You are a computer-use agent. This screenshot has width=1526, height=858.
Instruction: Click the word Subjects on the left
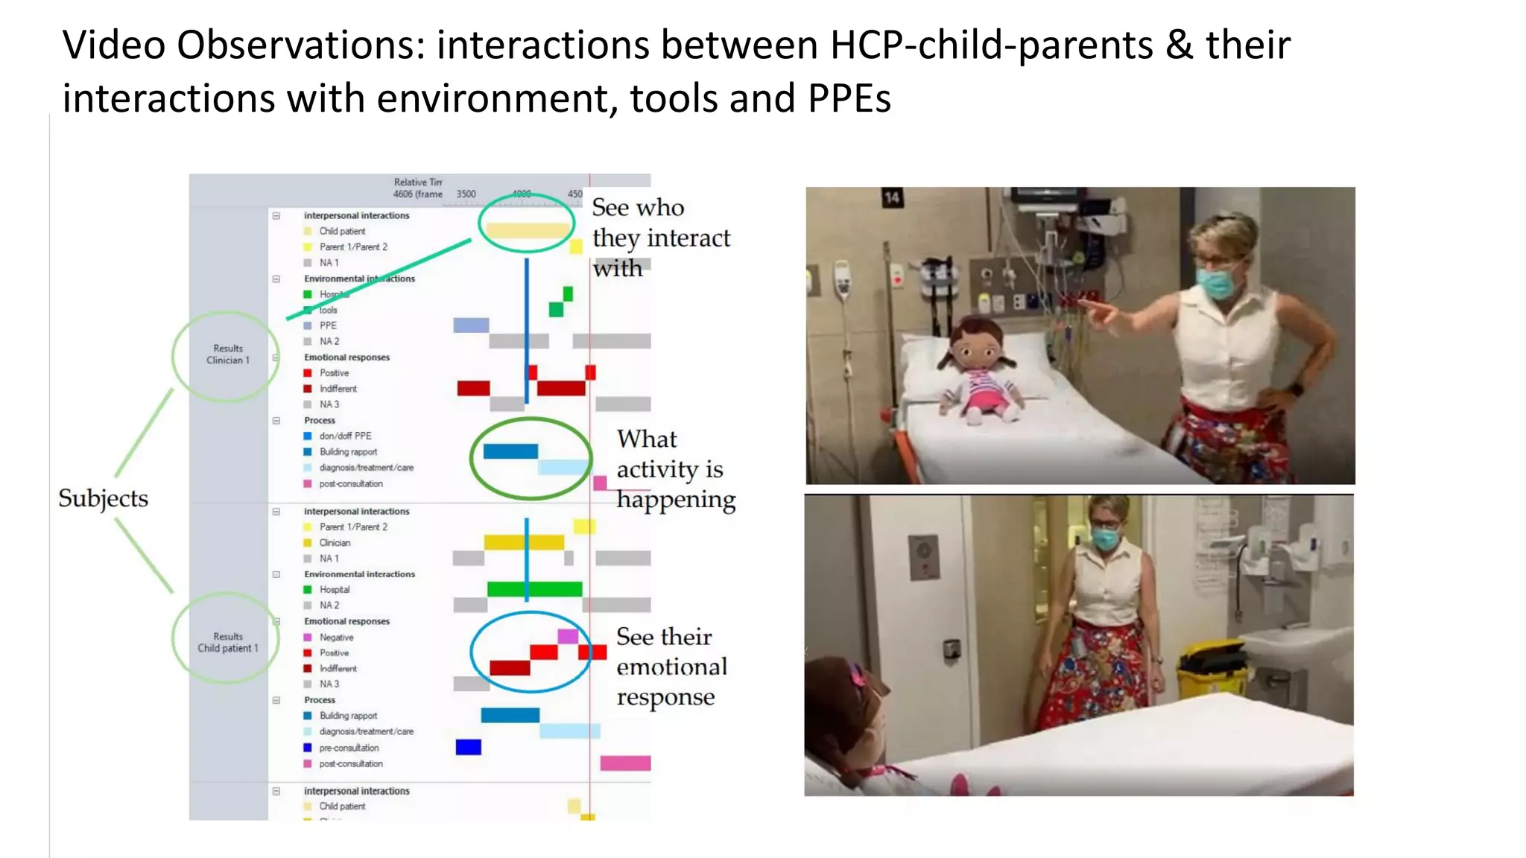[x=103, y=498]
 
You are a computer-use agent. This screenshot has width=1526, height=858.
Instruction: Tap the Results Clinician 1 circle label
[x=227, y=355]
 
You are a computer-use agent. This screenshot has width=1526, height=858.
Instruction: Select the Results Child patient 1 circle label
[x=227, y=642]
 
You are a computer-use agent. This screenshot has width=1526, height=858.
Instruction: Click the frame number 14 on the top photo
[x=892, y=197]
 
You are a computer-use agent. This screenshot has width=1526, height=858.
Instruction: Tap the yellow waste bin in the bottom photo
[x=1211, y=670]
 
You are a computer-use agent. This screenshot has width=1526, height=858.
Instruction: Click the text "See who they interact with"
[x=660, y=238]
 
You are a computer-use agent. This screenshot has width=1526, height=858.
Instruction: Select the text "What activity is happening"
[x=674, y=468]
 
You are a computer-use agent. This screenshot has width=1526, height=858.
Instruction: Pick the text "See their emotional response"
[x=671, y=666]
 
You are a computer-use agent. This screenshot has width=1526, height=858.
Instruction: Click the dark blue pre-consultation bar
[x=468, y=747]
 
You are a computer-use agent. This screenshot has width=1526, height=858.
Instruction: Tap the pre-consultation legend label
[x=349, y=748]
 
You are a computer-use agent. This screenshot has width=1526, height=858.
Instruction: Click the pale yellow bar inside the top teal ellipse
[x=526, y=231]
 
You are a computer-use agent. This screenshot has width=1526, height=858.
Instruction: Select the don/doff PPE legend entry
[x=345, y=436]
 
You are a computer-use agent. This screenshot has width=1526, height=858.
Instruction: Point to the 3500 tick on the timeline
[x=466, y=194]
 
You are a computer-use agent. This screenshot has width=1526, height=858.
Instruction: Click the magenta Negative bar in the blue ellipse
[x=568, y=636]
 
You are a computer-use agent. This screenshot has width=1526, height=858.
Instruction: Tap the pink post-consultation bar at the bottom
[x=625, y=763]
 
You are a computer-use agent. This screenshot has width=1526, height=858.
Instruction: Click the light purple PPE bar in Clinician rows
[x=471, y=325]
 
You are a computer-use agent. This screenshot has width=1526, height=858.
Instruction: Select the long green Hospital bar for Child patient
[x=534, y=589]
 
